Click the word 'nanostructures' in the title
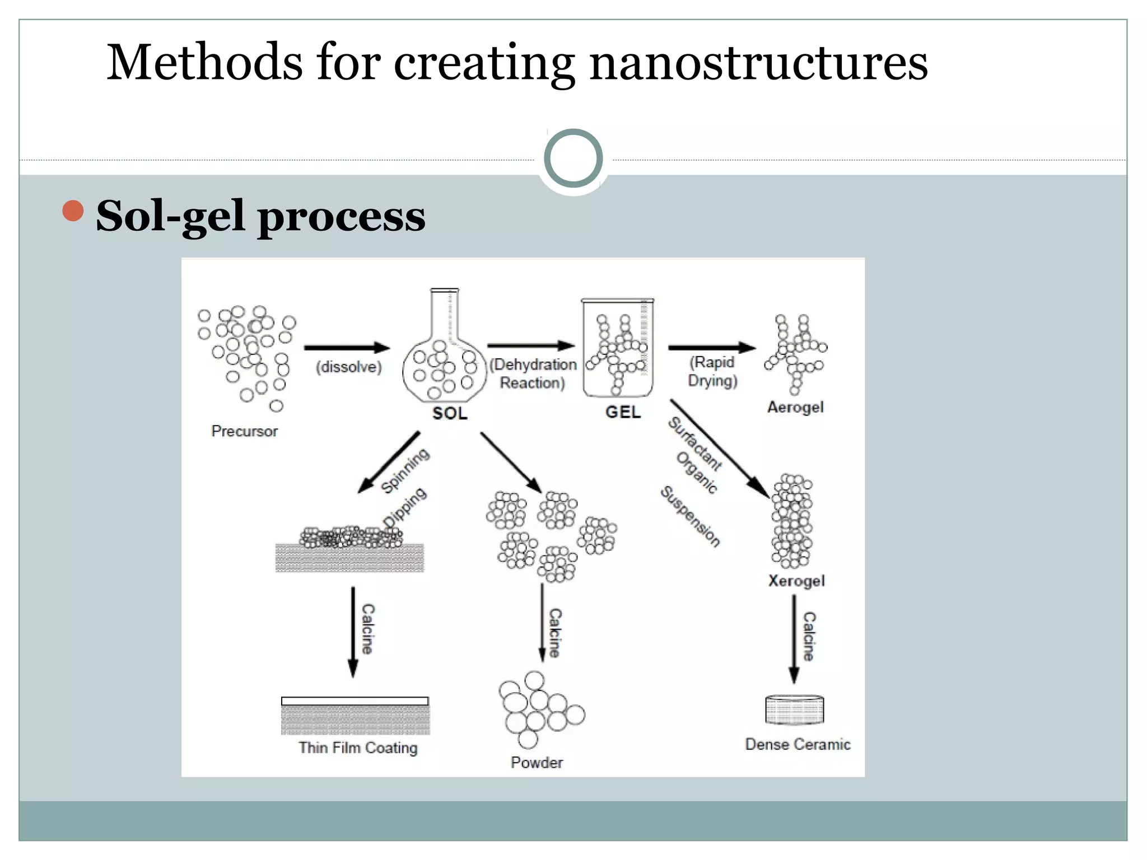coord(758,63)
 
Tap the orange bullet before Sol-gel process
coord(73,211)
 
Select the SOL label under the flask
coord(450,413)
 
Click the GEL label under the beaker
coord(623,412)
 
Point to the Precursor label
coord(244,431)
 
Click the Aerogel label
coord(795,407)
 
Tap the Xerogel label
coord(796,581)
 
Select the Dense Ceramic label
coord(798,744)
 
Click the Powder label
coord(537,763)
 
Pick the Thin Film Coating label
coord(358,748)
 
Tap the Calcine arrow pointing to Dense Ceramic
coord(794,638)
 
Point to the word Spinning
coord(405,471)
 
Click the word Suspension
coord(690,516)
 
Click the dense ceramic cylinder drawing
coord(794,710)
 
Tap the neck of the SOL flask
coord(445,314)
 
